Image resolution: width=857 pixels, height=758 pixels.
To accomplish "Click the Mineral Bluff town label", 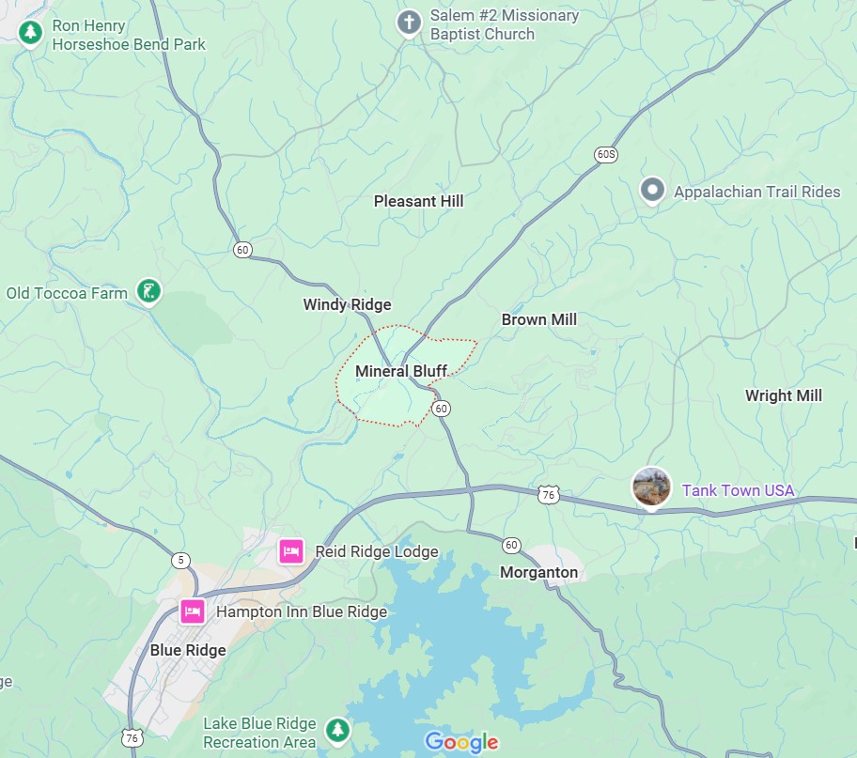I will click(x=400, y=371).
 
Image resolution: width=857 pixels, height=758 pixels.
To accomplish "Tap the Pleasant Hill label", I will click(x=418, y=201).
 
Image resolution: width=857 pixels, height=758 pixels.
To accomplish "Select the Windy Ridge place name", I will click(x=347, y=304).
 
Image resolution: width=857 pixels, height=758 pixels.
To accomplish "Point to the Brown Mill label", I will click(x=538, y=319).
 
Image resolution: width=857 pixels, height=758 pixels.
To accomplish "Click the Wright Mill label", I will click(x=783, y=395).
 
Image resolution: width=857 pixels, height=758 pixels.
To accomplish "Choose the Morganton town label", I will click(x=538, y=572).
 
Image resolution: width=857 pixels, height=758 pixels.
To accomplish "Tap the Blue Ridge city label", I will click(x=188, y=650).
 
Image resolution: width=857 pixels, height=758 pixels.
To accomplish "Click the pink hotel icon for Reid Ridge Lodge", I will click(x=291, y=551).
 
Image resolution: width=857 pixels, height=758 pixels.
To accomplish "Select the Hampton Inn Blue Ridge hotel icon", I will click(x=193, y=611).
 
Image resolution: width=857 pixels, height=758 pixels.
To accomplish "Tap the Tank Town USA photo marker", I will click(x=651, y=488).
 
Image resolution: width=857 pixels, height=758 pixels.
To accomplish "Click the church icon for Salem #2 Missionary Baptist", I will click(x=409, y=23).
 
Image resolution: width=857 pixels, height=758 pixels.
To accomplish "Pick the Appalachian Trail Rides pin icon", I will click(x=652, y=191).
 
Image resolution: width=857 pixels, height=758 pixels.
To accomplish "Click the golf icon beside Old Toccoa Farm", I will click(x=148, y=292).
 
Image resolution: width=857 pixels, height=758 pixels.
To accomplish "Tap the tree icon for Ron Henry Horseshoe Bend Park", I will click(x=31, y=32).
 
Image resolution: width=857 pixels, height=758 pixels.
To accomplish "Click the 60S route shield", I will click(x=606, y=154).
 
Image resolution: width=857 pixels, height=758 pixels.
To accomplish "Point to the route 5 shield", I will click(x=180, y=561).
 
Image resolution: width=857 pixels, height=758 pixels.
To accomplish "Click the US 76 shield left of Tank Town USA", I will click(x=549, y=494).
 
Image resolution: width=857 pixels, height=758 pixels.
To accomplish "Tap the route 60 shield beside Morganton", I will click(x=511, y=545).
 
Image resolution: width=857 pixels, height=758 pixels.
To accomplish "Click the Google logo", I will click(x=461, y=742).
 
